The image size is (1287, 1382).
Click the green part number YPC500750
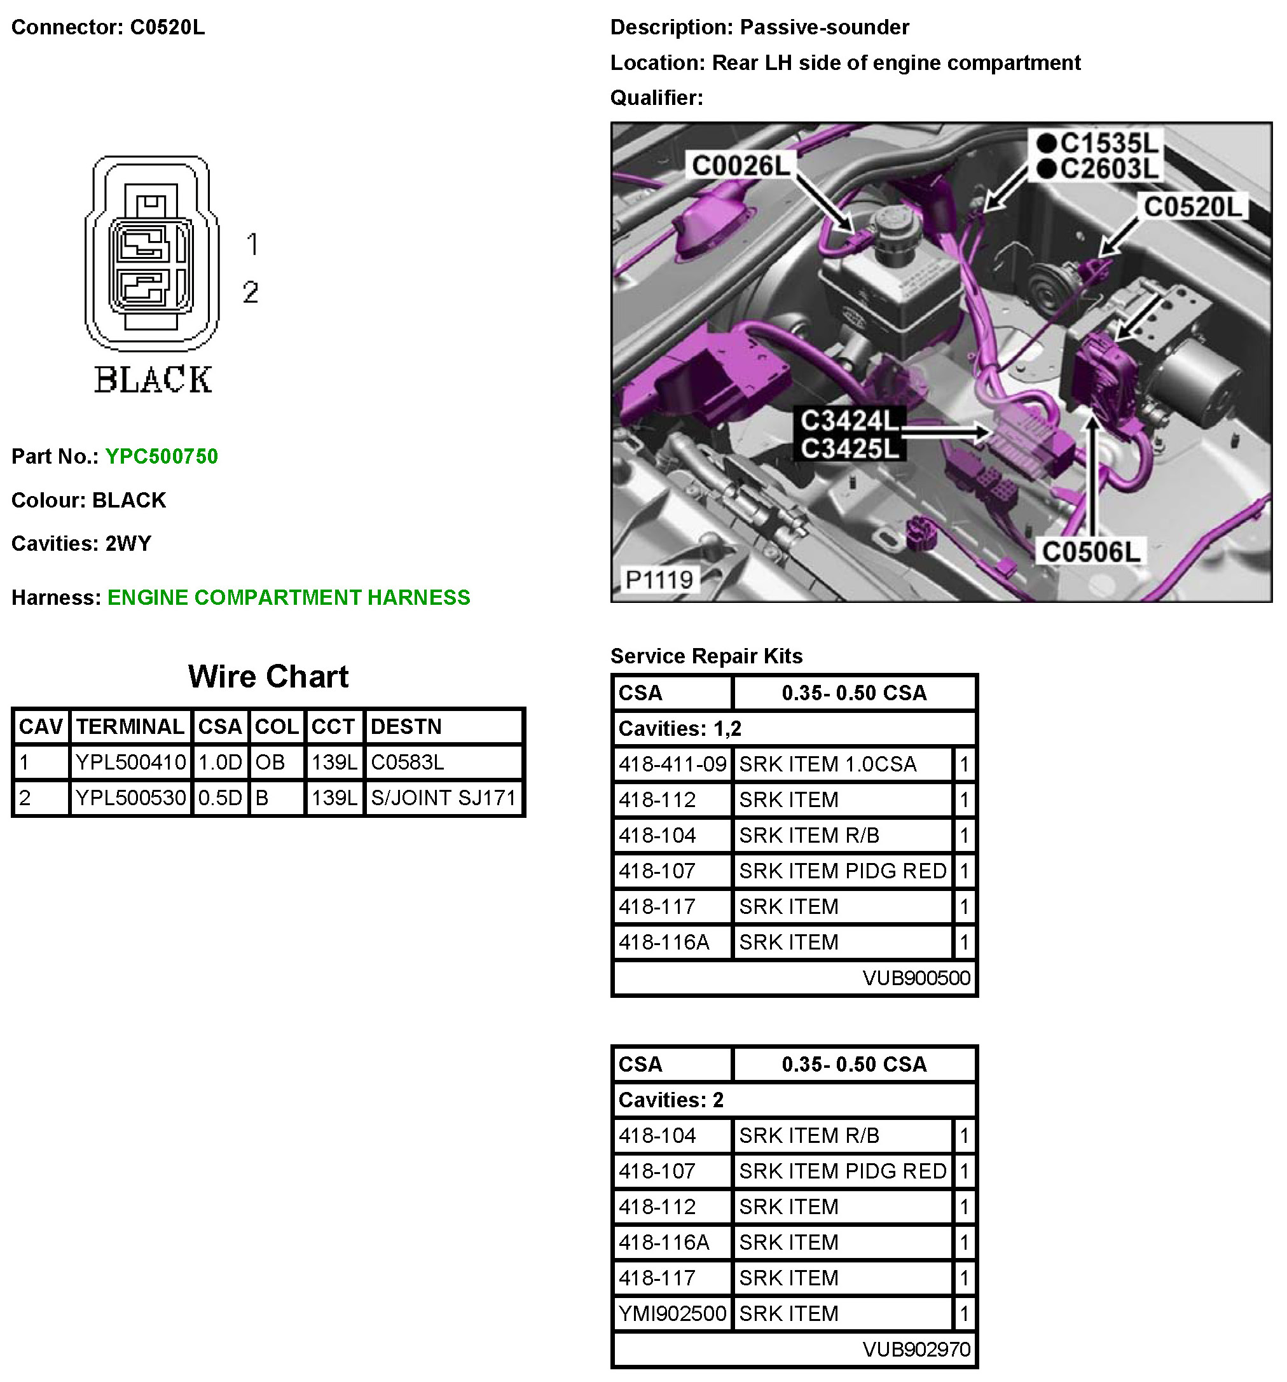pos(162,457)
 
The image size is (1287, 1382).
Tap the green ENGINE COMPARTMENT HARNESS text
pos(289,598)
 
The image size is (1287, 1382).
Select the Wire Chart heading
pos(268,677)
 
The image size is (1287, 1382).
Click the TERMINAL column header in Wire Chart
pos(130,726)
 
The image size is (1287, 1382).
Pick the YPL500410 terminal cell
pos(130,763)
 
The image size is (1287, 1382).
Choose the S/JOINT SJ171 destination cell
pos(443,798)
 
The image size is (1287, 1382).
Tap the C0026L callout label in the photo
pos(741,166)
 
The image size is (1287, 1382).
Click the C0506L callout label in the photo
pos(1091,552)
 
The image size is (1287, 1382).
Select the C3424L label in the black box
pos(849,420)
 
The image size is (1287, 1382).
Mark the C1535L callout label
pos(1109,143)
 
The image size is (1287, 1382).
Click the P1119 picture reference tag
pos(659,579)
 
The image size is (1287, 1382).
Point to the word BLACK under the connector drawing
pos(153,380)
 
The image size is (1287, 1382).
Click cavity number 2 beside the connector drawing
pos(251,292)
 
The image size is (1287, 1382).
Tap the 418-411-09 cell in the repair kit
pos(672,764)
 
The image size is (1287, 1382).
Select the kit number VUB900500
pos(916,978)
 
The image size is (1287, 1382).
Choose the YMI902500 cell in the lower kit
pos(672,1313)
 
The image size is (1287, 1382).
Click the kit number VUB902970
pos(916,1350)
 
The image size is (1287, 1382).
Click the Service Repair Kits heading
pos(706,656)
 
